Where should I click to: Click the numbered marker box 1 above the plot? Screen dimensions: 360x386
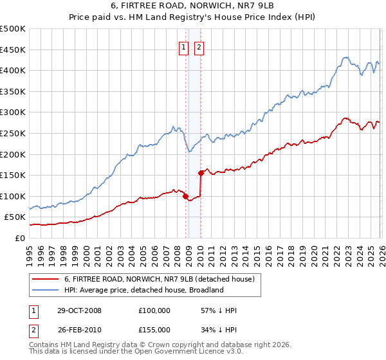(183, 46)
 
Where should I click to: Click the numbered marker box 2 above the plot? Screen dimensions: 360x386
(199, 46)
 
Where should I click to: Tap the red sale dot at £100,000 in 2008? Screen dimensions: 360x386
(186, 197)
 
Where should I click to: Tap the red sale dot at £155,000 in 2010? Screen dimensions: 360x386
(201, 173)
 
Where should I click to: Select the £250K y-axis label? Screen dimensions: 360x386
(13, 133)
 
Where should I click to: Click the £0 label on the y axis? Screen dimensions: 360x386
(19, 238)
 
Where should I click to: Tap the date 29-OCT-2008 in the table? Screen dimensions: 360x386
(79, 310)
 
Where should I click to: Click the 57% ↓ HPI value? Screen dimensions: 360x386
(219, 310)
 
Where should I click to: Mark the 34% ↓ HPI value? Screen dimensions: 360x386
(219, 330)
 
